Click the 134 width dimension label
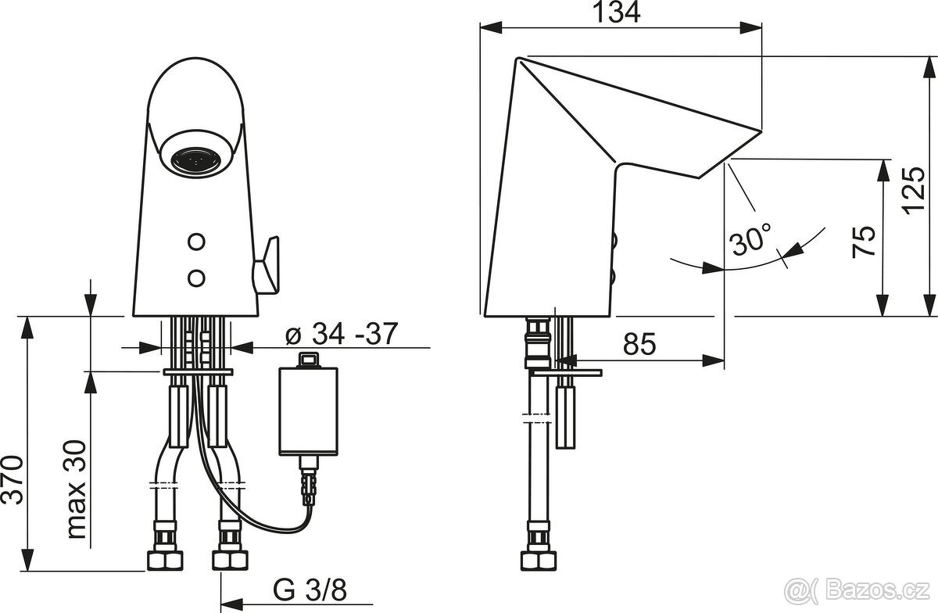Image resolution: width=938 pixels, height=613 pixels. (618, 13)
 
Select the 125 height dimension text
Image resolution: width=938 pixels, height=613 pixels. (913, 191)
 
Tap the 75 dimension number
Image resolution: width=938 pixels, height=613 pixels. (864, 242)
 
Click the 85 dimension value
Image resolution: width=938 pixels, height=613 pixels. (640, 344)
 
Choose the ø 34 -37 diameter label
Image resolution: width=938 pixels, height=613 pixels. (342, 334)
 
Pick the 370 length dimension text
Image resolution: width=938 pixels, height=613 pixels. (12, 480)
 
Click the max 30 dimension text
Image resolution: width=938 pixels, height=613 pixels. (77, 489)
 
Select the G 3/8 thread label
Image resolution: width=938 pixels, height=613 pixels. (310, 590)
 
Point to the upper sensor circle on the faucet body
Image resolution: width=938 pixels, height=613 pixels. (196, 242)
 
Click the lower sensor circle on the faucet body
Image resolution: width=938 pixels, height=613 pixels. (196, 278)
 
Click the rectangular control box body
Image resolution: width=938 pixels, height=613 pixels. (308, 411)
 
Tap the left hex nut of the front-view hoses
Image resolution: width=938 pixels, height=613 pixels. (165, 561)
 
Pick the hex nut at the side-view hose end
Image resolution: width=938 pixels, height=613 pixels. (539, 561)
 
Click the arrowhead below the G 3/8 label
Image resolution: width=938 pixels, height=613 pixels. (232, 604)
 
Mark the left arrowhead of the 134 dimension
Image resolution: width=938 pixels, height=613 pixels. (491, 27)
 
